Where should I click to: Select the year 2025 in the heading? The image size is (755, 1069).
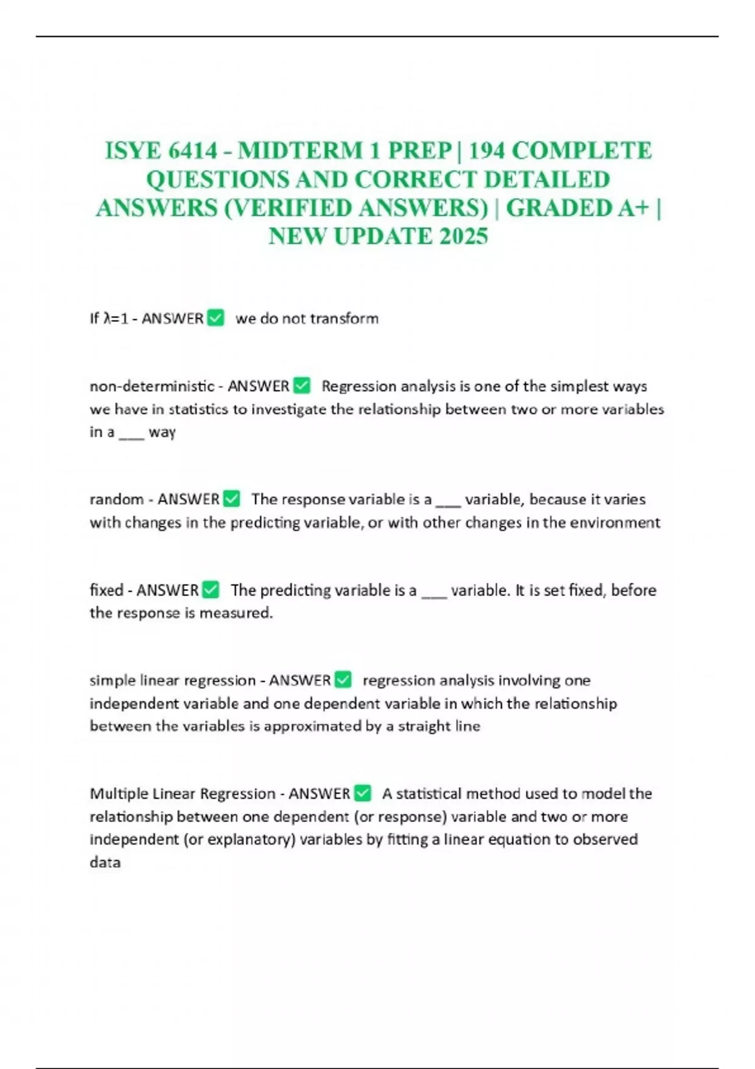point(464,236)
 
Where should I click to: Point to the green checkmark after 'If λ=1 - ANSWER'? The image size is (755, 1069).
point(215,318)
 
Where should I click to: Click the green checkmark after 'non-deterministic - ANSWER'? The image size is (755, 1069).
point(302,385)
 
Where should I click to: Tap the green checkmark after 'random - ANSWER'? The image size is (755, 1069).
point(232,499)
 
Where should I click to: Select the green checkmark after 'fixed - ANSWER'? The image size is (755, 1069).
point(211,590)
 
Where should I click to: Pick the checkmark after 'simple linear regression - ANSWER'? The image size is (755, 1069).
point(343,680)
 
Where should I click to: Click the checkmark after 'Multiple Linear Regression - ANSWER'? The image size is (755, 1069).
point(363,793)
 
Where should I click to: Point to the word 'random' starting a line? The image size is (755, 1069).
point(116,499)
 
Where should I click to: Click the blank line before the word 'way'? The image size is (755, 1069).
point(131,433)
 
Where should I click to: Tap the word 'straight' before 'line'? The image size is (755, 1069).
point(423,726)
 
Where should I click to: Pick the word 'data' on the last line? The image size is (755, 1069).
point(105,862)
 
